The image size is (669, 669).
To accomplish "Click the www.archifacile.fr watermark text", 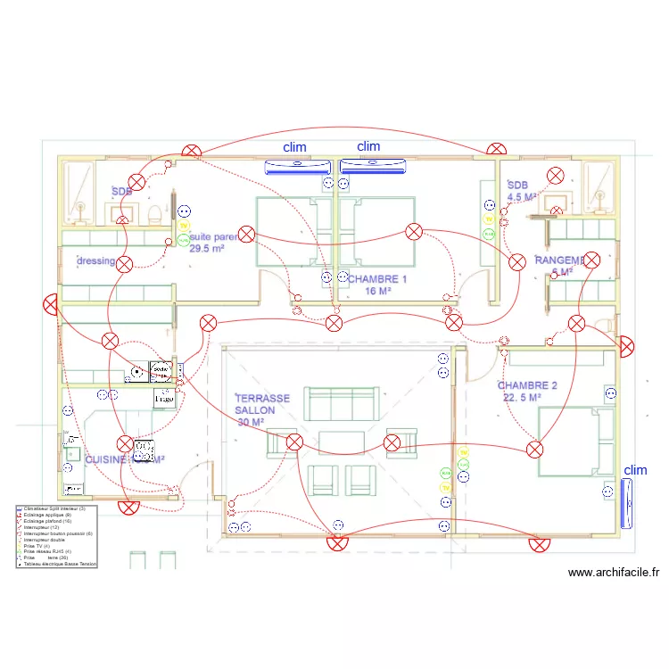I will (x=613, y=574).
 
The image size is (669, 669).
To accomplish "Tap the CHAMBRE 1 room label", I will (x=377, y=279).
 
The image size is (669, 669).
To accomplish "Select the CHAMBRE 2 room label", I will (x=527, y=385).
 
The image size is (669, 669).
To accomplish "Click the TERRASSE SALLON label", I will (x=262, y=399).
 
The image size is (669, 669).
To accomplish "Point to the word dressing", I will (x=95, y=261).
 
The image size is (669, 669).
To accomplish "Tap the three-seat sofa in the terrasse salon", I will (x=340, y=404).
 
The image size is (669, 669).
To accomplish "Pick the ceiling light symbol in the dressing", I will (x=125, y=263).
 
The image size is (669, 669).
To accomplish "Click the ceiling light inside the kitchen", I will (x=125, y=443).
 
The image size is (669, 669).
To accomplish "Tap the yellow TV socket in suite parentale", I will (x=182, y=227).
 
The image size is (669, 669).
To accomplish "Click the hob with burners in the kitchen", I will (x=143, y=451).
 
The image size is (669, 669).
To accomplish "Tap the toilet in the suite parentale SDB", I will (x=153, y=212).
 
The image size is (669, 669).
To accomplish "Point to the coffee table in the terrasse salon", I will (x=340, y=442).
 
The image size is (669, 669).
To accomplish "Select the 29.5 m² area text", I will (x=206, y=250).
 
